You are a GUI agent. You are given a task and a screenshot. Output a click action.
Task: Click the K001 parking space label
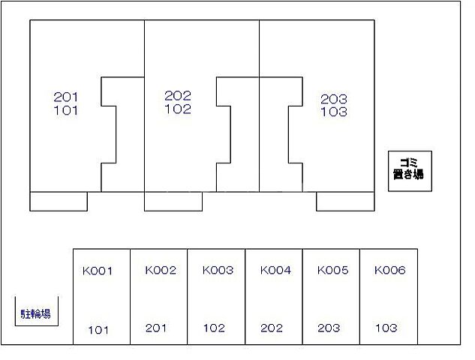click(x=98, y=271)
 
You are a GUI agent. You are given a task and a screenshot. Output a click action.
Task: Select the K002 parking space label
click(x=161, y=270)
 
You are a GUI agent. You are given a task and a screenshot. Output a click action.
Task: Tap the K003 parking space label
click(x=218, y=270)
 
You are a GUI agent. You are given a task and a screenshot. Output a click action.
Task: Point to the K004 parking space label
click(x=275, y=270)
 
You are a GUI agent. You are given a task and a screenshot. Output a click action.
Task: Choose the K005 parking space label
click(x=333, y=270)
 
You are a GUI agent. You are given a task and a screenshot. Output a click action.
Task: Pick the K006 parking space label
click(x=390, y=270)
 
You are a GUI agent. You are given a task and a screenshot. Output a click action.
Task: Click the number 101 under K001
click(x=98, y=330)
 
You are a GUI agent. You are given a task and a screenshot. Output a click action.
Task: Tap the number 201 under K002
click(x=156, y=328)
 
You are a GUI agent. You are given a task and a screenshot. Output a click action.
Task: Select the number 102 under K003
click(x=214, y=328)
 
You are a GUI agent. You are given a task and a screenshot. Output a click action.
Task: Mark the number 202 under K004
click(x=272, y=328)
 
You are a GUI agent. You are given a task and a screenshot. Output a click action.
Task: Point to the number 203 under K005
click(x=329, y=328)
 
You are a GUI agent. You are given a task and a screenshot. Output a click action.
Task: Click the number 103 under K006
click(x=386, y=328)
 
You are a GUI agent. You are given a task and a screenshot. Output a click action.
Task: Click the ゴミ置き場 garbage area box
click(x=410, y=171)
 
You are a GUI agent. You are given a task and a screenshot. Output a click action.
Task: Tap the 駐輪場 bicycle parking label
click(x=36, y=314)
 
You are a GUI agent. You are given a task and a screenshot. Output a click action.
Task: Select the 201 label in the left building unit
click(x=66, y=97)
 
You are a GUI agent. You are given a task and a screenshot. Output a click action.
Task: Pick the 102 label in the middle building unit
click(x=178, y=109)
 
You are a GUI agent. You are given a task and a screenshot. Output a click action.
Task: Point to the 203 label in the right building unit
click(x=334, y=99)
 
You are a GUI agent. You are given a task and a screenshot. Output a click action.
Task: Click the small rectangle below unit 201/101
click(x=59, y=201)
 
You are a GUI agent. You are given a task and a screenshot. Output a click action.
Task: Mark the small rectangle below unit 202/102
click(x=173, y=201)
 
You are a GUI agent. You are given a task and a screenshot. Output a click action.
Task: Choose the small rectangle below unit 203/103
click(x=345, y=201)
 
